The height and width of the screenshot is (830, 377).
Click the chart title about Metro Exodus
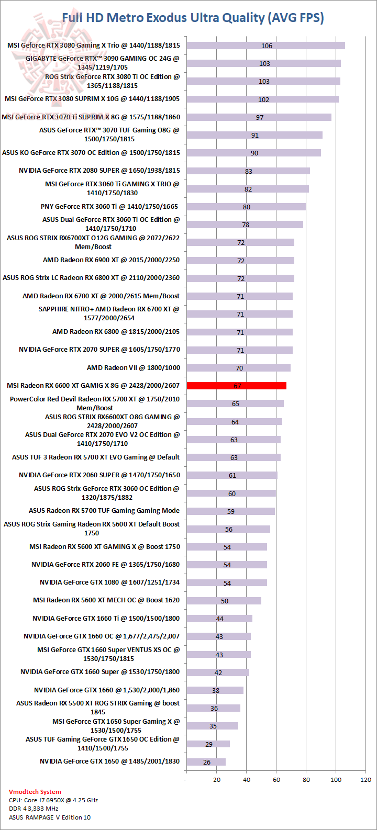193,18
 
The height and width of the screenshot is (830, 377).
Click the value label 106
267,46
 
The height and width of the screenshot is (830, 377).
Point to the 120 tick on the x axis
365,780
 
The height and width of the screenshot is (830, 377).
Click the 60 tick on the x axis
276,780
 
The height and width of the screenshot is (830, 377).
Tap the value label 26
207,762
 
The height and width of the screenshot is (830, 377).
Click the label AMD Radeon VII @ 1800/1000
133,367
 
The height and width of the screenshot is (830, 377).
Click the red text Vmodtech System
35,792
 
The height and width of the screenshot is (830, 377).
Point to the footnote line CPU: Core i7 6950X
53,800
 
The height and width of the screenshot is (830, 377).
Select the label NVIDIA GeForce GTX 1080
109,582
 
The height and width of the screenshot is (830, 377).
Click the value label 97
260,117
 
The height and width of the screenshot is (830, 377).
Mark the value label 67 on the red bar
237,386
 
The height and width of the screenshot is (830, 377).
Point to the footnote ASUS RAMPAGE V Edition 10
49,817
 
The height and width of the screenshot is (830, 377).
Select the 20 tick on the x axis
216,780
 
